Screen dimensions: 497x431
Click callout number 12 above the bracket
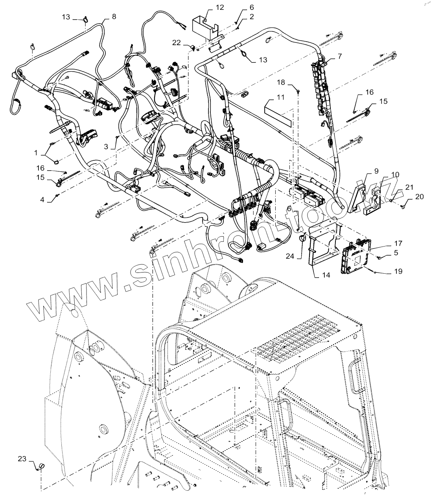click(x=219, y=7)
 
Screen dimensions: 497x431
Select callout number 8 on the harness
click(x=114, y=17)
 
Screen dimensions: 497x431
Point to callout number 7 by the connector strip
click(x=339, y=56)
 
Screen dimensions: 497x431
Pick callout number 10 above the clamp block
click(x=395, y=174)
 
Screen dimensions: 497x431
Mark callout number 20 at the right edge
click(x=419, y=197)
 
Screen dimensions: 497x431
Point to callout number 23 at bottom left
click(x=22, y=458)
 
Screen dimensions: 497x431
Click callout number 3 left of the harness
click(x=106, y=146)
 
